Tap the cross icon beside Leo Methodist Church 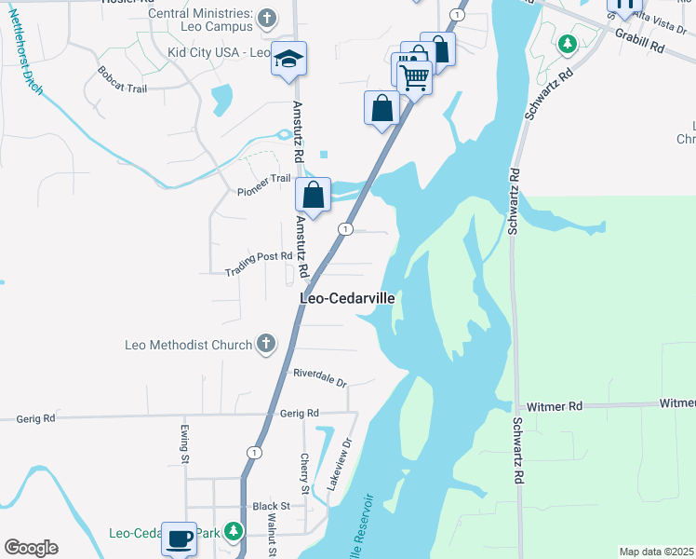click(266, 345)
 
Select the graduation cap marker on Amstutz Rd click(288, 59)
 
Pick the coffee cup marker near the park click(179, 539)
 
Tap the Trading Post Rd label click(259, 269)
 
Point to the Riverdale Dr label click(319, 377)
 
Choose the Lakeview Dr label click(341, 466)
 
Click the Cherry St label click(305, 473)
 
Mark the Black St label click(272, 506)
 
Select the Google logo click(31, 548)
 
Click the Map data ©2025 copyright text click(656, 552)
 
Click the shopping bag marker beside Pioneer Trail click(314, 196)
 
